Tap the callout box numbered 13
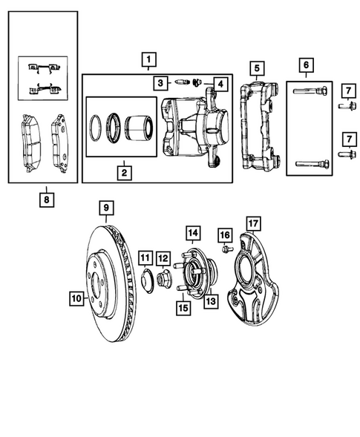pos(210,301)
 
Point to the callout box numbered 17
pos(253,222)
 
